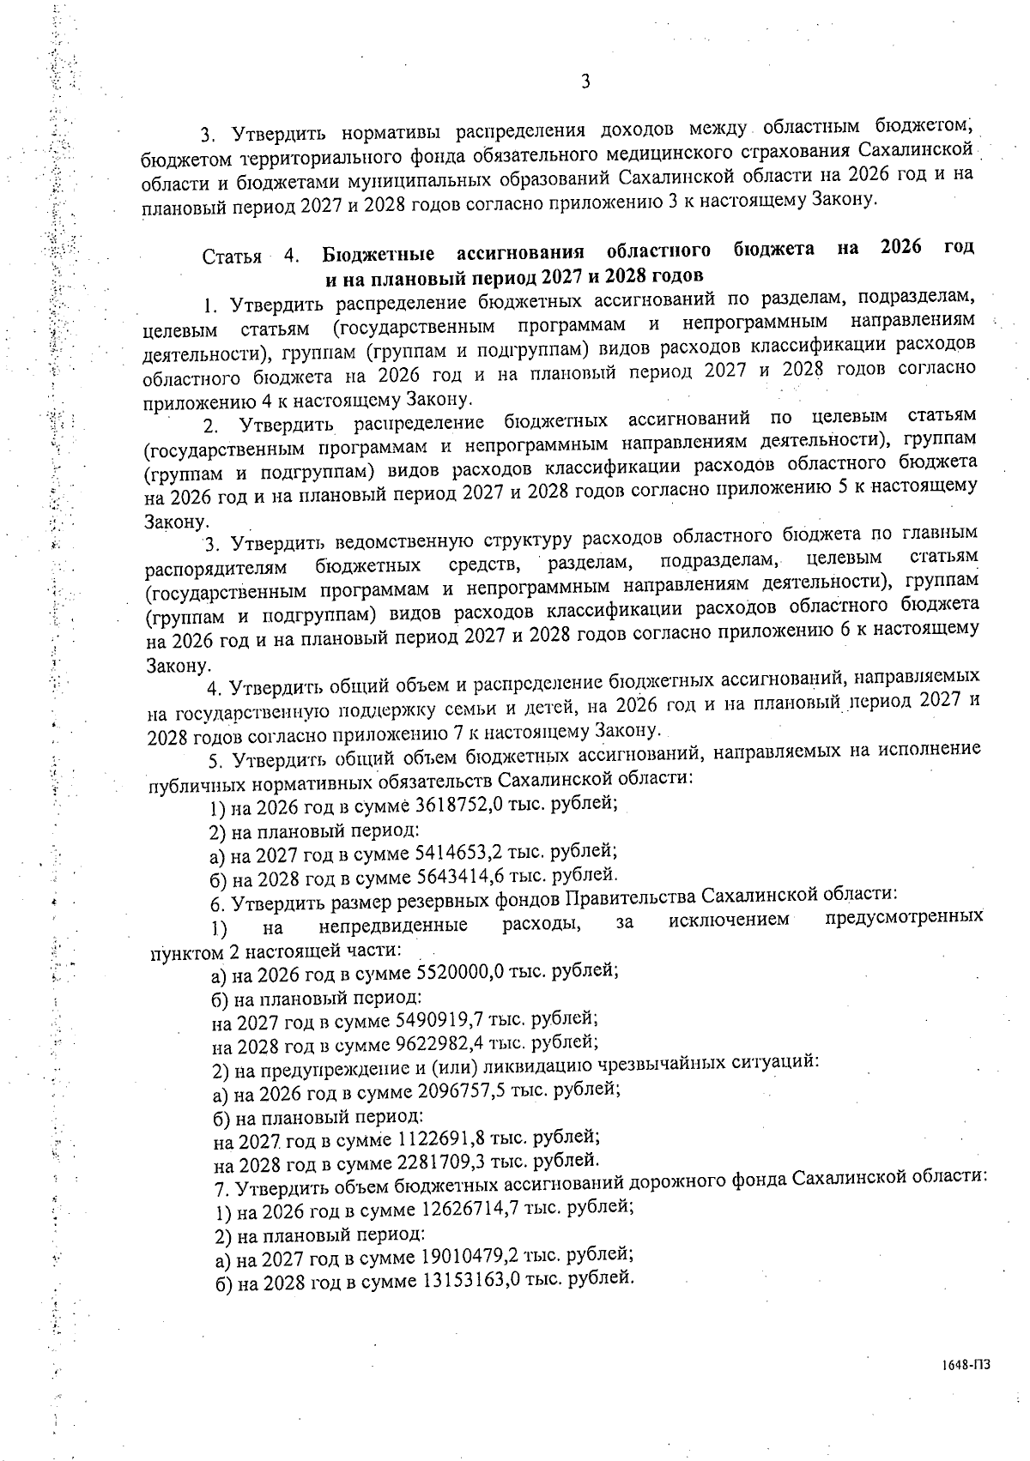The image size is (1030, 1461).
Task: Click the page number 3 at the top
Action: (x=585, y=82)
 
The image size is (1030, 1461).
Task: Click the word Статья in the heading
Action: (x=232, y=256)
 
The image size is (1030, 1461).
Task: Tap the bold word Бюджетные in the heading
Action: (x=378, y=254)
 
